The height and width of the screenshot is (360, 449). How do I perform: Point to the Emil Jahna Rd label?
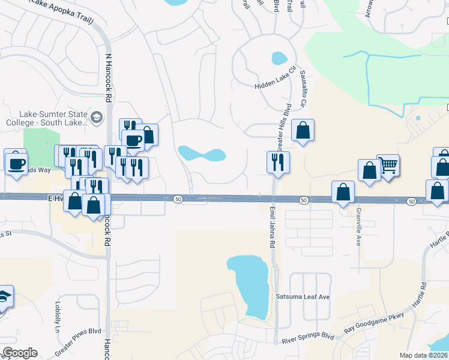click(x=271, y=227)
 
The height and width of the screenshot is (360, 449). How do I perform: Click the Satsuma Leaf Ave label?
click(x=303, y=297)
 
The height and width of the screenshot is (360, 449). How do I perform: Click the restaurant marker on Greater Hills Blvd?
click(x=278, y=161)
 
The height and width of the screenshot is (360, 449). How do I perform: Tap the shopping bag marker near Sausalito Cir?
click(x=303, y=130)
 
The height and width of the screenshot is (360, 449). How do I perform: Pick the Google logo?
click(x=20, y=353)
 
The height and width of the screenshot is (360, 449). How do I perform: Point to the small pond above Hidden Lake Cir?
click(x=279, y=58)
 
